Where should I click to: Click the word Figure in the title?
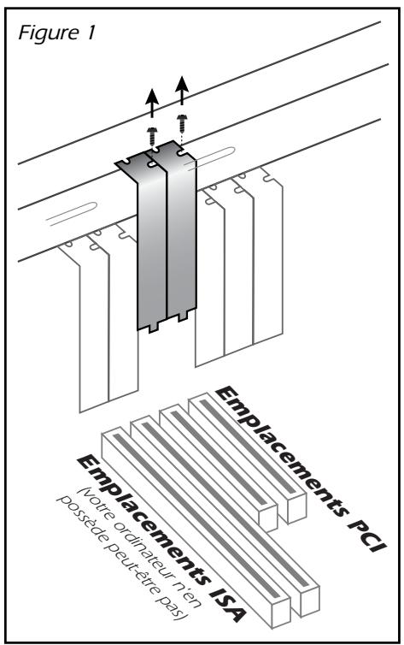pos(49,33)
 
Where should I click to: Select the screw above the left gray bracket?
pos(152,133)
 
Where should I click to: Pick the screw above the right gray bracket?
pos(181,121)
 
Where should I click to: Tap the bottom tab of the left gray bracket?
pos(153,328)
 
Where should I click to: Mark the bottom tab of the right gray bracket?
pos(182,317)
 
